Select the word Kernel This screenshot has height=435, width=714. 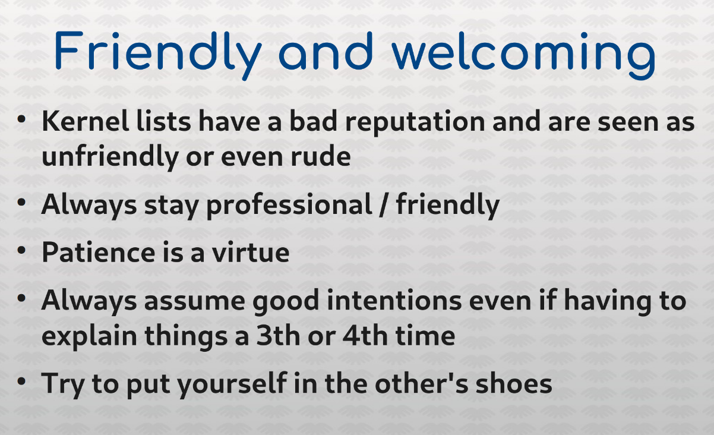pyautogui.click(x=86, y=121)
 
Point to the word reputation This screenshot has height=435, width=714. pyautogui.click(x=415, y=123)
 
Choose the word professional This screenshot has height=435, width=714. pyautogui.click(x=289, y=206)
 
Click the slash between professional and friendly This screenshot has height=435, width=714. pyautogui.click(x=384, y=205)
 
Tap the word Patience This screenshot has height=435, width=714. pyautogui.click(x=99, y=253)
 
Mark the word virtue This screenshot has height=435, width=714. pyautogui.click(x=251, y=252)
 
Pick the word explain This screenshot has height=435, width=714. pyautogui.click(x=90, y=337)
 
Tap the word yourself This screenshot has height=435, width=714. pyautogui.click(x=232, y=384)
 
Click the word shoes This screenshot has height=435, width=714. pyautogui.click(x=514, y=383)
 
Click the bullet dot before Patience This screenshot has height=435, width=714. pyautogui.click(x=21, y=250)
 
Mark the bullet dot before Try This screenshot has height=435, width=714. pyautogui.click(x=21, y=381)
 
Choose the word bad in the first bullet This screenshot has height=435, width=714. pyautogui.click(x=313, y=121)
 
